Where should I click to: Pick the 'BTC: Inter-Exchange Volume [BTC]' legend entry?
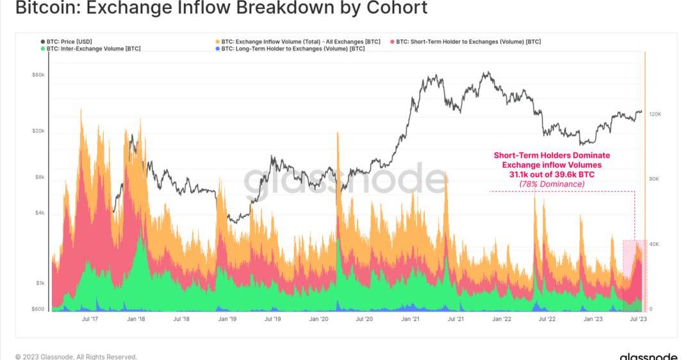coord(94,49)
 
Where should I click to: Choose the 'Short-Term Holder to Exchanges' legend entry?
coord(468,42)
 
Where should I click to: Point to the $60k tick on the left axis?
coord(38,75)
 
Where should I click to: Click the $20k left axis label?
coord(38,131)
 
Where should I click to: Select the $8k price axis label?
coord(39,177)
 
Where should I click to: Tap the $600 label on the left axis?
coord(38,309)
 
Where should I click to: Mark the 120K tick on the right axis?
coord(655,114)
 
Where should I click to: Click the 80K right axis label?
coord(654,179)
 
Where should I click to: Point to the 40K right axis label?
coord(654,244)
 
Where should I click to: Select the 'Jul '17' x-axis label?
coord(90,318)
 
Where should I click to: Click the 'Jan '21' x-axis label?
coord(409,318)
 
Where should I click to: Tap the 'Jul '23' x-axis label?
coord(638,318)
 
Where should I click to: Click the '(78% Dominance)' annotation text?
coord(552,184)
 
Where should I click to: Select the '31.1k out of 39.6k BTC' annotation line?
coord(552,174)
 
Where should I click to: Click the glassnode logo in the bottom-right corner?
coord(648,356)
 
